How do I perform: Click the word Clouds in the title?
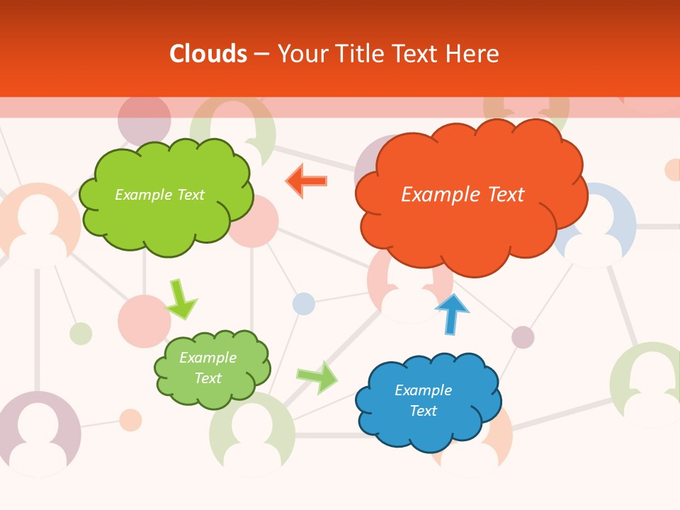pos(208,54)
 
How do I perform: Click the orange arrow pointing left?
pos(307,181)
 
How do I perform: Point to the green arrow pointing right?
pos(317,378)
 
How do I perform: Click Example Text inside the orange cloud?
pos(463,194)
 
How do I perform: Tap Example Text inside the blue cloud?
pos(423,400)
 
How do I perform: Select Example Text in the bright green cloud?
pos(159,195)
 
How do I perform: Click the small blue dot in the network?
pos(304,303)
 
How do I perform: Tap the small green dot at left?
pos(81,333)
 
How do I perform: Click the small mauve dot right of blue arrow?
pos(523,337)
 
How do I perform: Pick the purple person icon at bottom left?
pos(38,433)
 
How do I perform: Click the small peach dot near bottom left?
pos(130,419)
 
